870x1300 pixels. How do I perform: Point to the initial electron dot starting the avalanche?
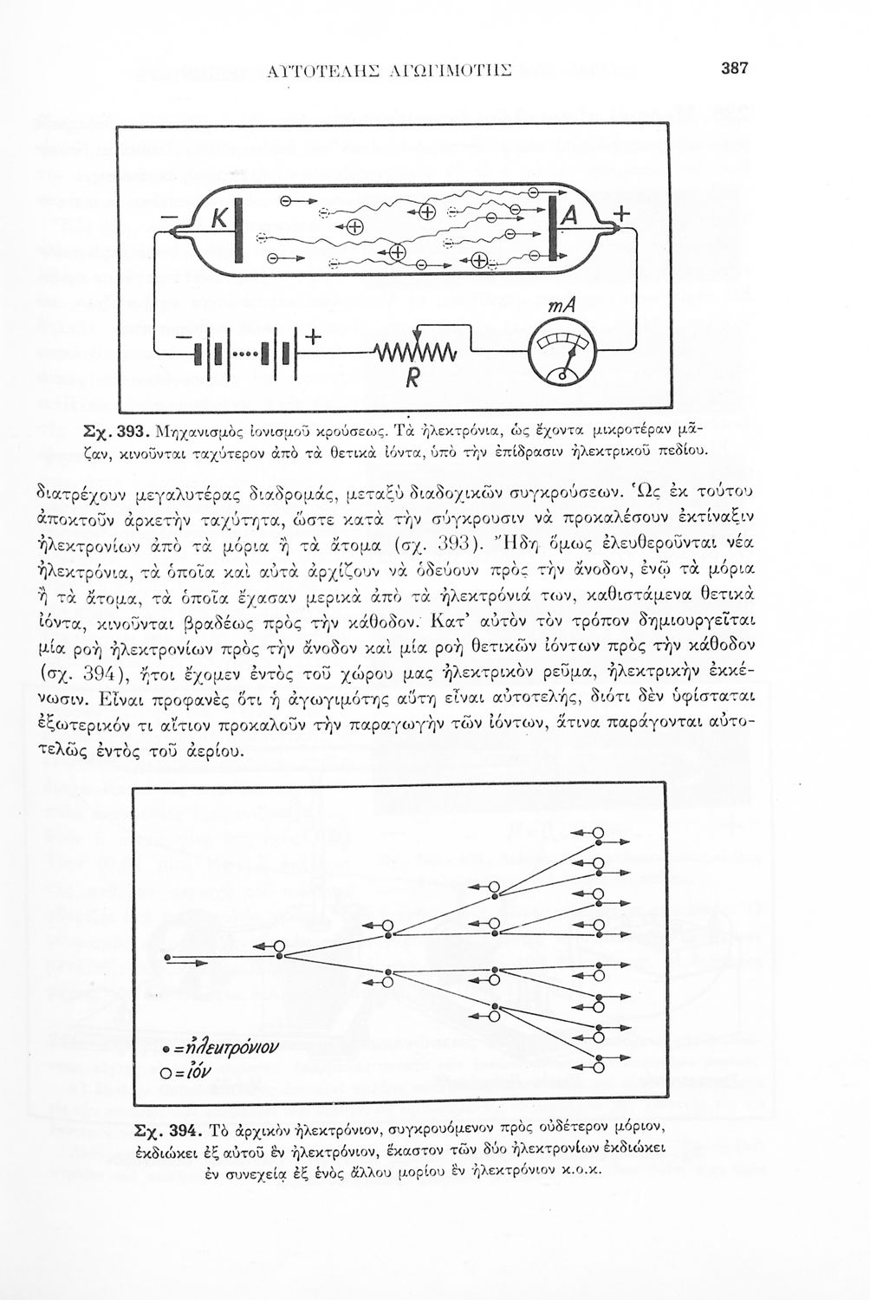167,958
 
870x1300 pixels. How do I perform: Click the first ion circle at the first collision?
279,946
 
